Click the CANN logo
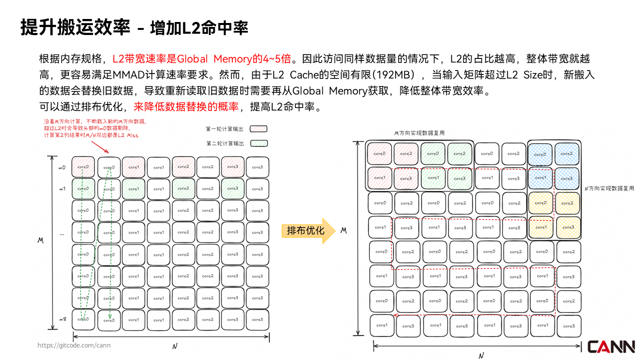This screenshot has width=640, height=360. pyautogui.click(x=611, y=346)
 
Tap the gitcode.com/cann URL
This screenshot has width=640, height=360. pyautogui.click(x=74, y=345)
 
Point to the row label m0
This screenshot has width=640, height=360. pyautogui.click(x=62, y=167)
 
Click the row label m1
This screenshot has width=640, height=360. pyautogui.click(x=62, y=189)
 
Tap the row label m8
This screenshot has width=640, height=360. pyautogui.click(x=62, y=319)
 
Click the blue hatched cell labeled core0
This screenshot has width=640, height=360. pyautogui.click(x=540, y=154)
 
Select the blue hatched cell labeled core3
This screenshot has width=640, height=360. pyautogui.click(x=567, y=178)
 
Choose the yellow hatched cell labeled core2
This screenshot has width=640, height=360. pyautogui.click(x=567, y=203)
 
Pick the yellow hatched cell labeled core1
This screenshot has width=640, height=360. pyautogui.click(x=540, y=227)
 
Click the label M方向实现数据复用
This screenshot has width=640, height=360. pyautogui.click(x=419, y=133)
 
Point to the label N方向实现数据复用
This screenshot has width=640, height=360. pyautogui.click(x=609, y=188)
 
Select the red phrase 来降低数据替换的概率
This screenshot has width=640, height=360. pyautogui.click(x=186, y=106)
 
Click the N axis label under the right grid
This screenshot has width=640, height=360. pyautogui.click(x=480, y=355)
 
